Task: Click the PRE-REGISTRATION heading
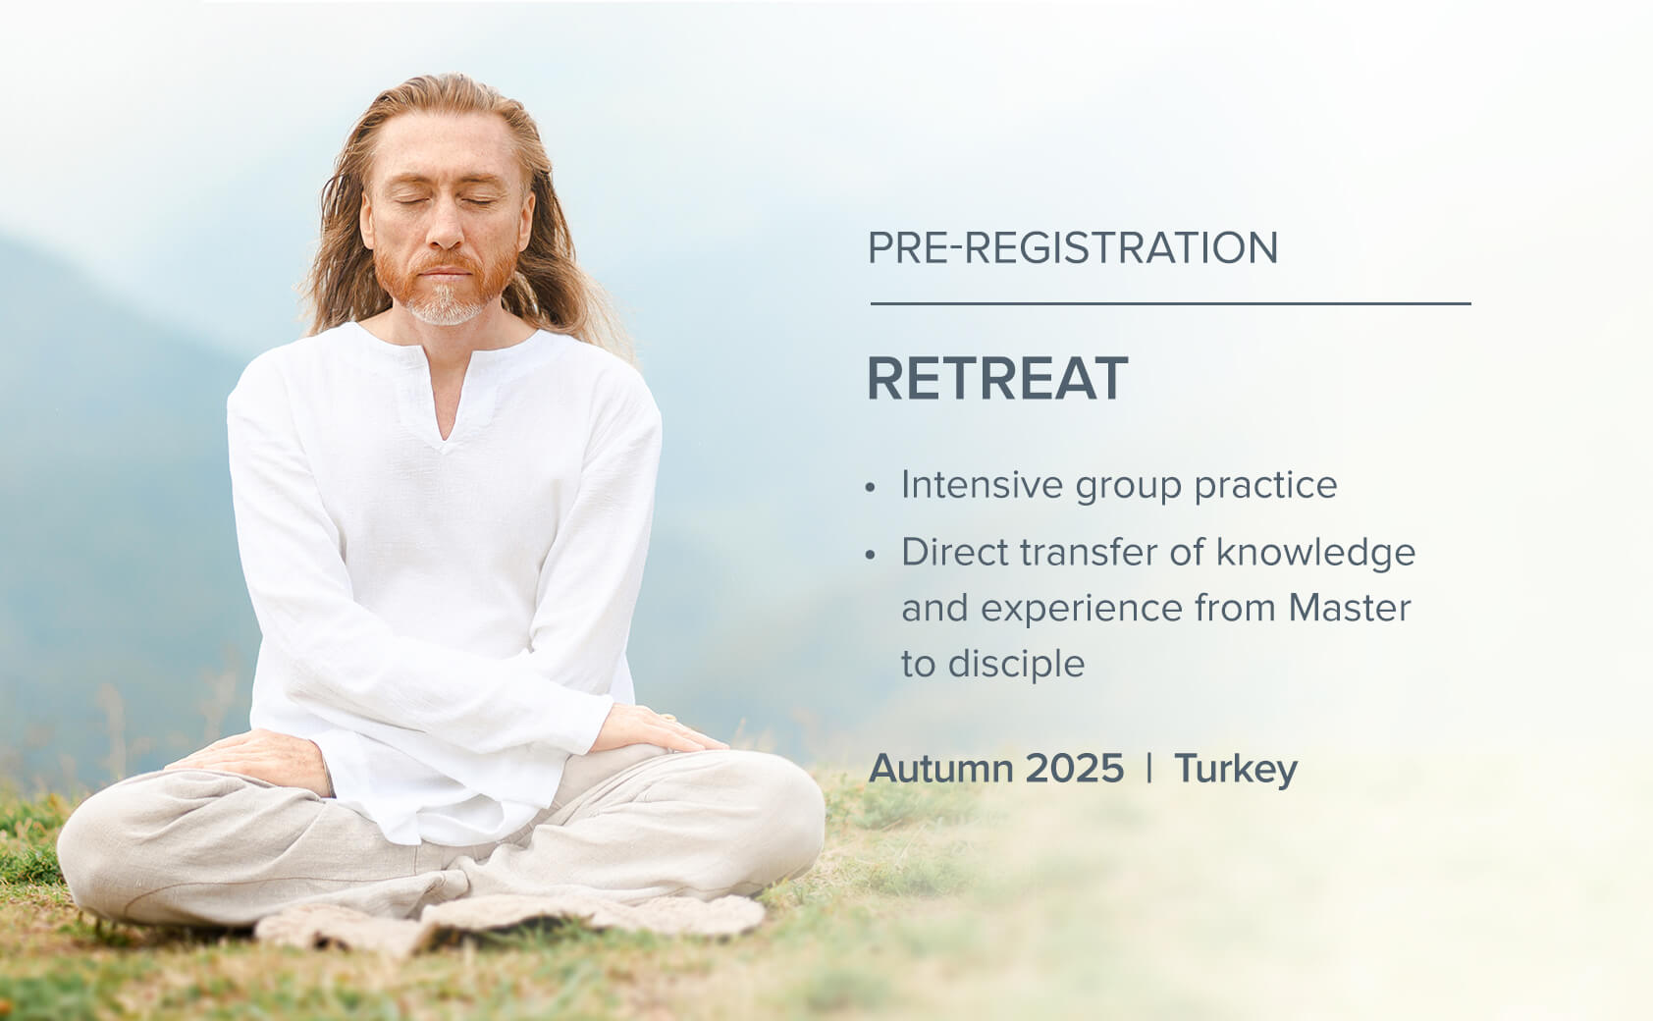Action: [1072, 247]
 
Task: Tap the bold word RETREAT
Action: [996, 379]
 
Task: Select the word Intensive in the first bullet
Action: [982, 485]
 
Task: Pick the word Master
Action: [1349, 608]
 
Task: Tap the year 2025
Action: [1075, 769]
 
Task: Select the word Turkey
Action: [1236, 769]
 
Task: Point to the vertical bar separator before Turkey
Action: [1149, 769]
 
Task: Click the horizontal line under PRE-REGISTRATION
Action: [1170, 304]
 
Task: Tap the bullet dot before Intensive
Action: [871, 488]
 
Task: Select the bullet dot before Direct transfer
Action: [871, 556]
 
